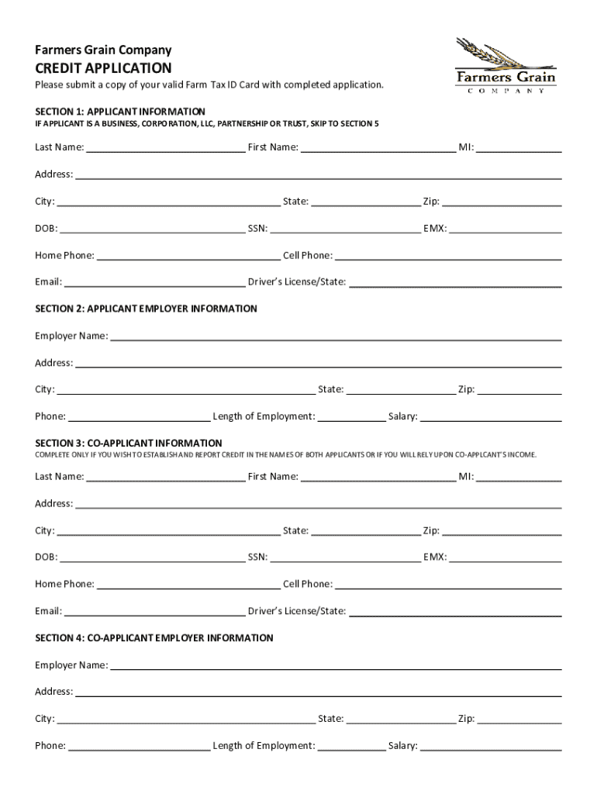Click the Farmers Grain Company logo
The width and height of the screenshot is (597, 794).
[506, 66]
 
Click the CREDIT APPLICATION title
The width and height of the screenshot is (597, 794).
[103, 68]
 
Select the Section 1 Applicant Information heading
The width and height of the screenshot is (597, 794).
[120, 112]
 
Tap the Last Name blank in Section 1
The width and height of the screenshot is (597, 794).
[166, 149]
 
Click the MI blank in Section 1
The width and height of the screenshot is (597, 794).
[519, 149]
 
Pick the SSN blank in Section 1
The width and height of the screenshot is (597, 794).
[345, 230]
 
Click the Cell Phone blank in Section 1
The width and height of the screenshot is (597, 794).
[447, 257]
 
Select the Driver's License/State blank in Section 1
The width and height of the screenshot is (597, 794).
[455, 284]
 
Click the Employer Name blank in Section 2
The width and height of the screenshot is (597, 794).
[336, 337]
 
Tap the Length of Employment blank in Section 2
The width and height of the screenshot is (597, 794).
[351, 418]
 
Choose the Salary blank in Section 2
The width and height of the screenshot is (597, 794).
[491, 418]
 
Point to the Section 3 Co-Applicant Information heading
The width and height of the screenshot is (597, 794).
[129, 444]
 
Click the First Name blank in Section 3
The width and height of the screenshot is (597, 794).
[378, 478]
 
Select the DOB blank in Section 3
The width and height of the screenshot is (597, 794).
[152, 558]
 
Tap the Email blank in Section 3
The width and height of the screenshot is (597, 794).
[154, 613]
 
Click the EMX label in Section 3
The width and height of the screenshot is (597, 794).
[435, 558]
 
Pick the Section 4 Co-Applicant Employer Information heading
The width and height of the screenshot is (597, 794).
[154, 638]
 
